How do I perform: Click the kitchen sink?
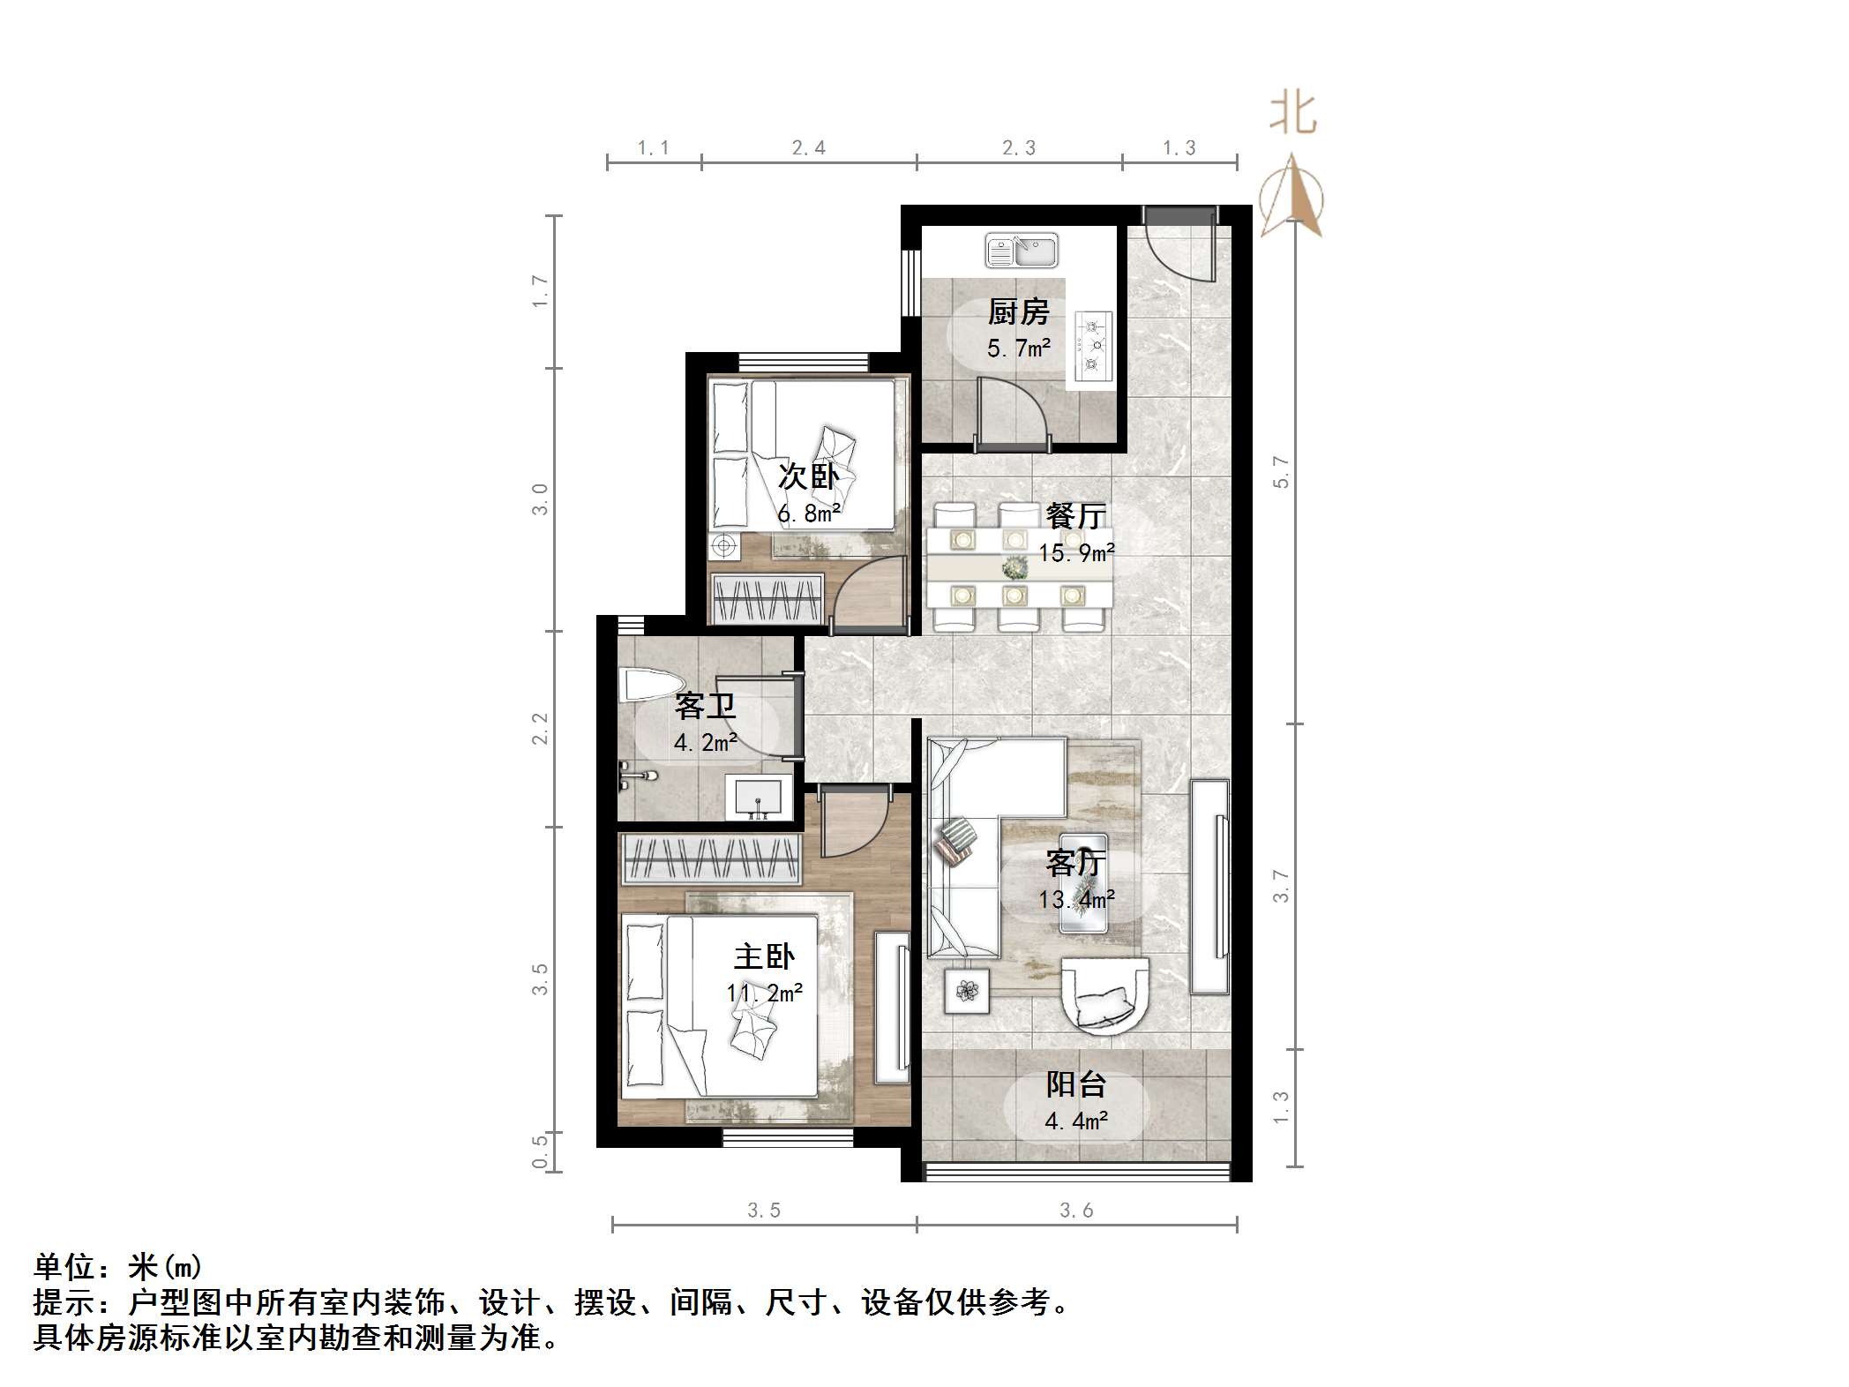[1022, 251]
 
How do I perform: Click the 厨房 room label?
[1018, 311]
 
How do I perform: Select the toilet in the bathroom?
[652, 686]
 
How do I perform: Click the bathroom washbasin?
[759, 798]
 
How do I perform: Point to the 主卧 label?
[764, 956]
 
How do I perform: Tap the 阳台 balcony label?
[1075, 1084]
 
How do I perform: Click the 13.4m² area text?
[1076, 900]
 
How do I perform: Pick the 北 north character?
[1293, 116]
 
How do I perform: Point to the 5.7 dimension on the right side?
[1281, 472]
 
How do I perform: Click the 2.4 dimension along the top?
[808, 148]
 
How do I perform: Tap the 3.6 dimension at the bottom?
[1076, 1211]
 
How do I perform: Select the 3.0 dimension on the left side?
[540, 499]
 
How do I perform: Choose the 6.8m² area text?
[808, 514]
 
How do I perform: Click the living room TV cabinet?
[1209, 887]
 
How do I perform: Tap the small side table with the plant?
[968, 991]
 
